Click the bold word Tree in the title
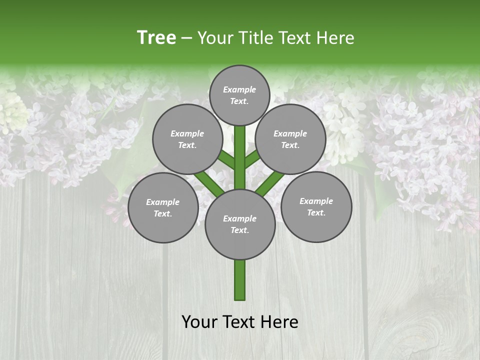point(156,37)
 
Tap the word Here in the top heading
point(335,37)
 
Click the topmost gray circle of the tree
point(239,95)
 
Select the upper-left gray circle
point(187,139)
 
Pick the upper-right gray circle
point(290,139)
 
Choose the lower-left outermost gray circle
point(163,207)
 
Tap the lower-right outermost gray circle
point(316,206)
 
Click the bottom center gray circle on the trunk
point(240,224)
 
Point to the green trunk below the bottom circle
point(240,280)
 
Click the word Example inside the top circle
point(239,89)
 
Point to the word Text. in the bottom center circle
point(239,230)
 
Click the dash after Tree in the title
point(186,38)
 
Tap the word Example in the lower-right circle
point(316,201)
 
